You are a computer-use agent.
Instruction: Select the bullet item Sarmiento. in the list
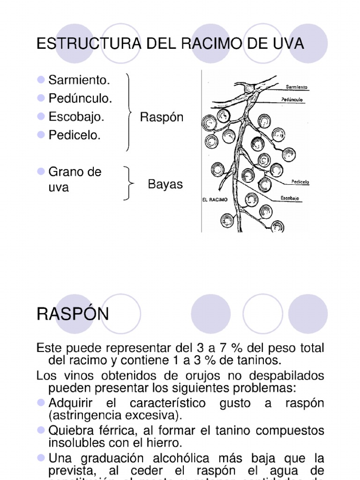79,80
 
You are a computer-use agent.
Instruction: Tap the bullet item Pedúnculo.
80,98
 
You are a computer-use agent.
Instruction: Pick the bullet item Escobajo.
76,117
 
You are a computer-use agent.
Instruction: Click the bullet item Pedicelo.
75,135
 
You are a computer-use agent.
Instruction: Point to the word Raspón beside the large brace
161,117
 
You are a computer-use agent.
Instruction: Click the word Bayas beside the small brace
165,184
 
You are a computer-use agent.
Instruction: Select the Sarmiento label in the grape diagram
297,87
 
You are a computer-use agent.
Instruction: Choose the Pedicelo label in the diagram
300,182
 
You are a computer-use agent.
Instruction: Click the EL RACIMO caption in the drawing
215,199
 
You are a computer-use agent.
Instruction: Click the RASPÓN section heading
73,314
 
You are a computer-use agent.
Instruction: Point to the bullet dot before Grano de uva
40,172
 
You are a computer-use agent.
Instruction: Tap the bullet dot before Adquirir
40,403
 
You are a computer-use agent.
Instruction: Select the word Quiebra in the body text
71,430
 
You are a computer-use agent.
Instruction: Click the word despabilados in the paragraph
286,375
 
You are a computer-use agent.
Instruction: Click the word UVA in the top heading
290,44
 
